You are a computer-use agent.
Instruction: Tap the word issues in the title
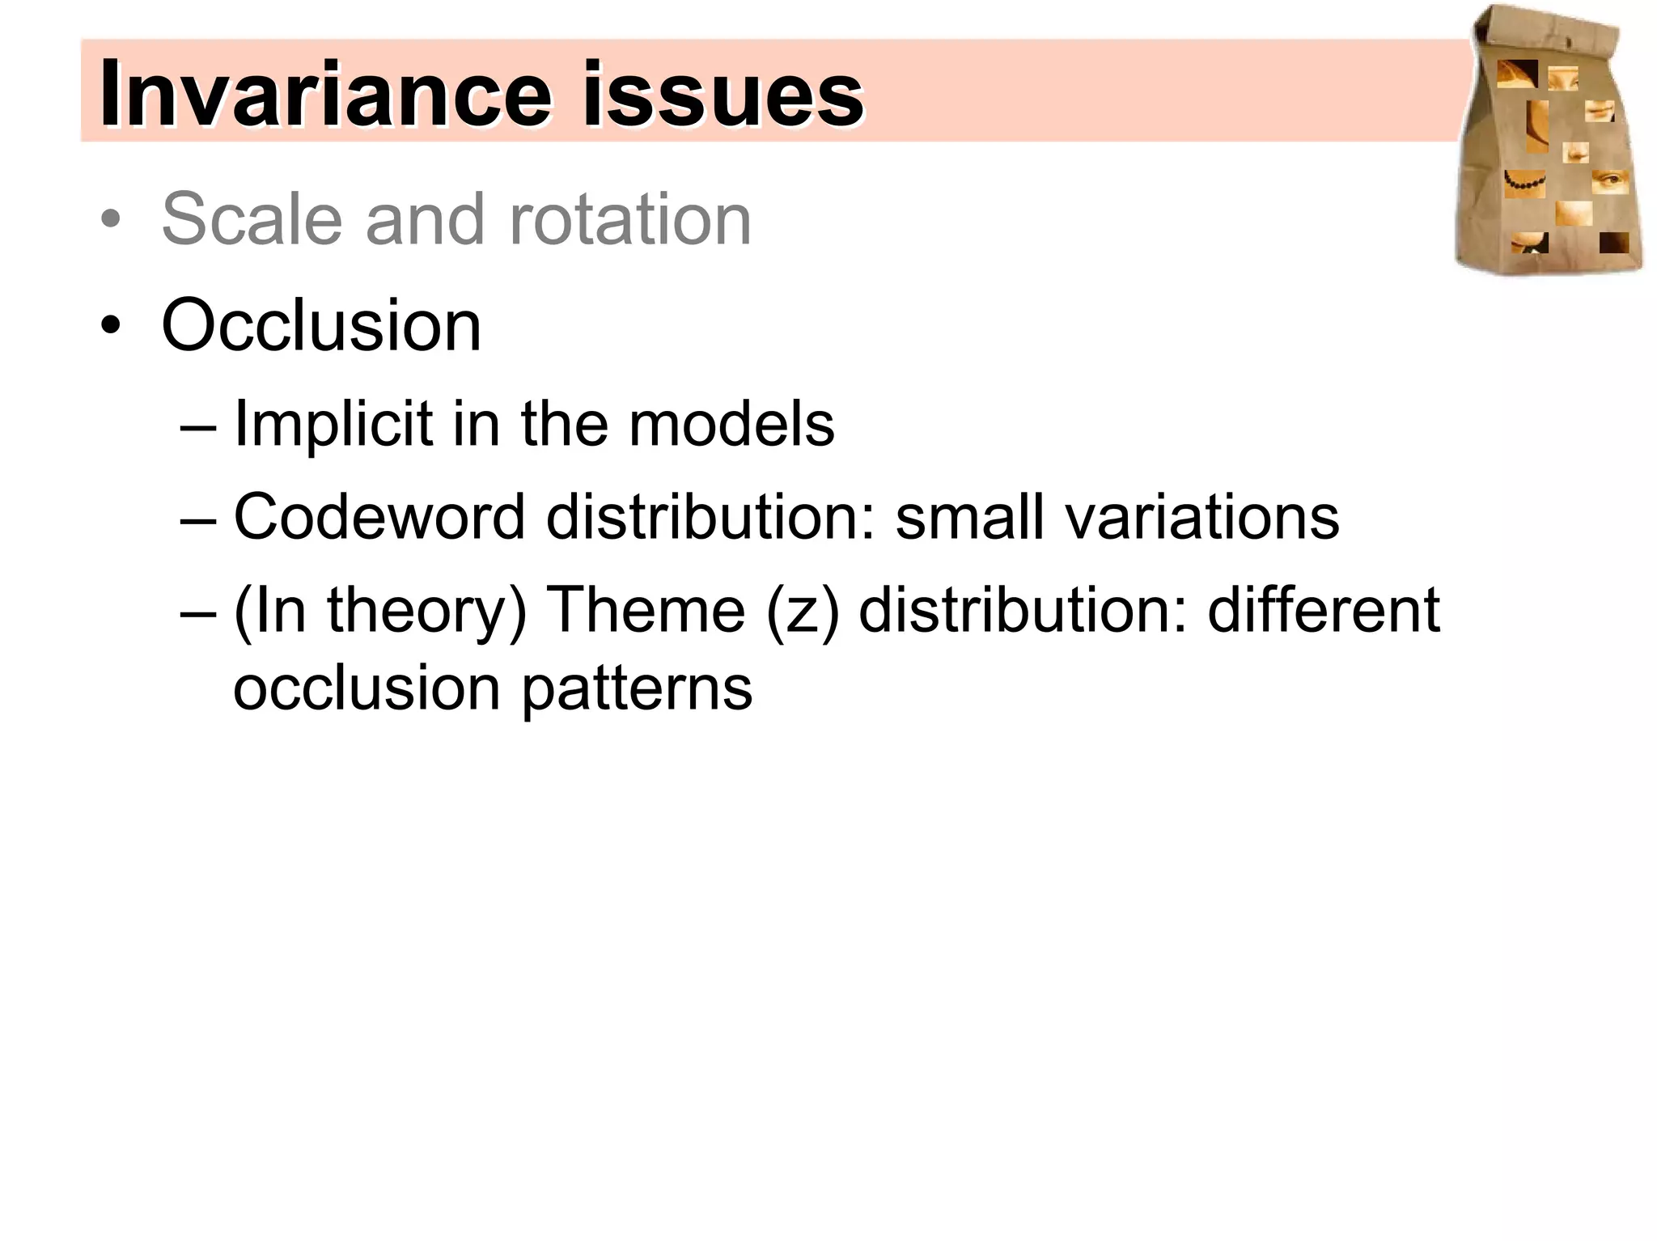point(723,95)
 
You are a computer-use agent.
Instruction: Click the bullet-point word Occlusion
point(321,325)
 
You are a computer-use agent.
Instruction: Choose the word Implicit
point(333,424)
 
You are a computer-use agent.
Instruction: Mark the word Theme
point(646,609)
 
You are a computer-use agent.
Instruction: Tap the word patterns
point(637,689)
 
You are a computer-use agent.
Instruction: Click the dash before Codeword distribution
point(198,519)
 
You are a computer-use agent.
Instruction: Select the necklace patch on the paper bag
point(1524,183)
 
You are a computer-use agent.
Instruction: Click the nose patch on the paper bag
point(1575,151)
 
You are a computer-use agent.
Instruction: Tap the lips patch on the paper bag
point(1599,110)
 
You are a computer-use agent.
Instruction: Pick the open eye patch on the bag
point(1609,181)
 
